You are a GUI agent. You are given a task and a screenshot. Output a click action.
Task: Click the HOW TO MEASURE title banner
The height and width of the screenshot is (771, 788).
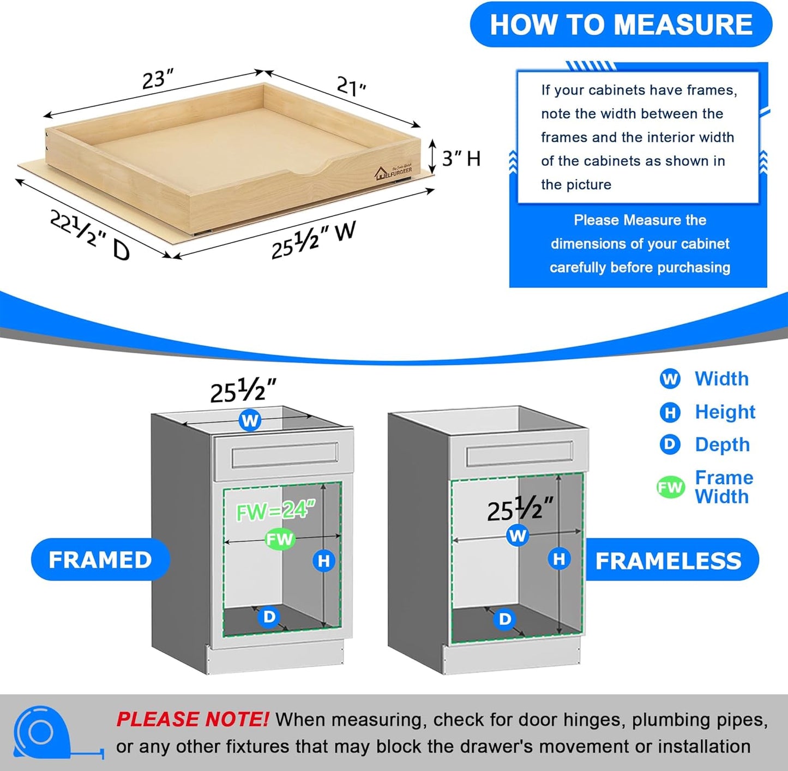[x=621, y=25]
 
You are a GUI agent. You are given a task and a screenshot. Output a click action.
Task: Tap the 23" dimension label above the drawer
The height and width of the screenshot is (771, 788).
[x=158, y=79]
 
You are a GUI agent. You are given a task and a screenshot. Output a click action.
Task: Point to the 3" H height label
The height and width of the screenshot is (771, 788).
[x=461, y=159]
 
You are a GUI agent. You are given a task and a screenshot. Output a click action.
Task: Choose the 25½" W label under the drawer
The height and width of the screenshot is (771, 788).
[x=314, y=239]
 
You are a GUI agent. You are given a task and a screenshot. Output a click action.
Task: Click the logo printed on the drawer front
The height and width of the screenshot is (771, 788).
[x=394, y=172]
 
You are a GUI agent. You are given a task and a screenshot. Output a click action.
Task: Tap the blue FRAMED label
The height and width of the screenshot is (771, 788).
[x=100, y=560]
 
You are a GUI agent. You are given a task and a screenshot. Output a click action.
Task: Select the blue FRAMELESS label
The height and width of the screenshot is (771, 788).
[x=669, y=561]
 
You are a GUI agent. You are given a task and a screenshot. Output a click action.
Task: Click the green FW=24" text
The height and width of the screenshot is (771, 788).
[x=276, y=511]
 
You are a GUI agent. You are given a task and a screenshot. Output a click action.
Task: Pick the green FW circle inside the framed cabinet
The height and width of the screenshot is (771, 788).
[x=280, y=539]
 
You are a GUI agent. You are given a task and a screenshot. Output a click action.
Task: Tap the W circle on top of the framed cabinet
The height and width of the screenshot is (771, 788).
[x=250, y=420]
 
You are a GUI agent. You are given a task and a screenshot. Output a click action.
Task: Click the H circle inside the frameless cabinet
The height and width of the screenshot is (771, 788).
[x=559, y=559]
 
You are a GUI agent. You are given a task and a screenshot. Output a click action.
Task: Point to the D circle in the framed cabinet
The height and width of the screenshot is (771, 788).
[x=269, y=617]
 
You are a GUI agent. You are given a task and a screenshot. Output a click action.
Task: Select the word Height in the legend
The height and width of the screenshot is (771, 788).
[x=725, y=412]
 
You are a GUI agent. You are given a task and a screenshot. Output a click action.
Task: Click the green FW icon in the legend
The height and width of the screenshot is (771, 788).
[x=670, y=487]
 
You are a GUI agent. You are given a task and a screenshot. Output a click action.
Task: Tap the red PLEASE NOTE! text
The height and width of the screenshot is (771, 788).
[x=192, y=719]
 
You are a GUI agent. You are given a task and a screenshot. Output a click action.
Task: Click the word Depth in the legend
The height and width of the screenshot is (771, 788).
[x=722, y=444]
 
